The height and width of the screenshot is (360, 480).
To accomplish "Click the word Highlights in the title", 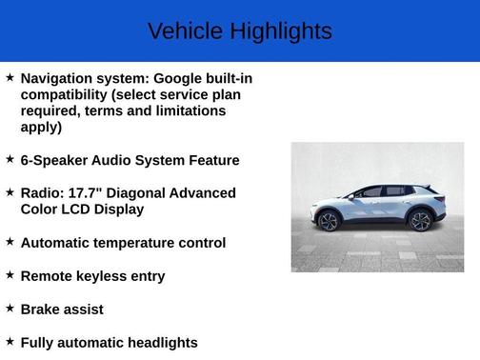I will [x=280, y=31].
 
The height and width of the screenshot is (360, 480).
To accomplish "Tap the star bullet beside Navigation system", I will [x=10, y=76].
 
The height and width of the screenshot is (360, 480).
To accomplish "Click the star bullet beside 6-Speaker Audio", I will [x=10, y=159].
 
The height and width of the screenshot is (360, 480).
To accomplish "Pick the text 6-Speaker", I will [x=56, y=160].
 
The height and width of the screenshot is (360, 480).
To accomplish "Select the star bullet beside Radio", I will [x=10, y=191].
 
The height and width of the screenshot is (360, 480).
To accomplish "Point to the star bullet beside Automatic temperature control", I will [x=10, y=242].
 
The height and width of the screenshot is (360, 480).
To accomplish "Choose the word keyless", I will [x=103, y=276].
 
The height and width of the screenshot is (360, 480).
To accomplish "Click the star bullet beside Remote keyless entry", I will [x=10, y=275].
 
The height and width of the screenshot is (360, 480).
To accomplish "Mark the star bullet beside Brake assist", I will [x=10, y=309].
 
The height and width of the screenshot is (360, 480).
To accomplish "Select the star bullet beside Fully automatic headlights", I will [x=10, y=342].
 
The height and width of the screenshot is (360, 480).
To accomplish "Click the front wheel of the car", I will [x=329, y=222].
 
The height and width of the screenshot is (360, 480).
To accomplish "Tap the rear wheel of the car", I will [x=420, y=221].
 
